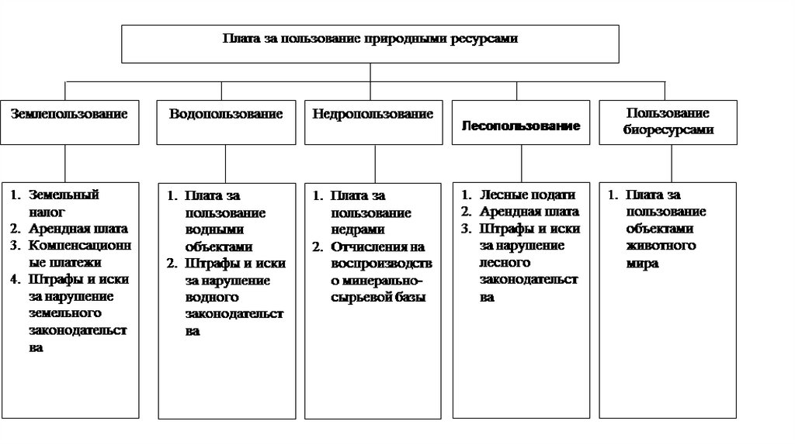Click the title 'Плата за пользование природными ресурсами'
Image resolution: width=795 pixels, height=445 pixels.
(370, 38)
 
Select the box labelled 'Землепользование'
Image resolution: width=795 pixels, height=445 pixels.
(69, 113)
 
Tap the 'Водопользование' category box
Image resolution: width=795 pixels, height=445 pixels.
(226, 114)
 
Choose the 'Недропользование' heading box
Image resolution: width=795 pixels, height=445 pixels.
(373, 114)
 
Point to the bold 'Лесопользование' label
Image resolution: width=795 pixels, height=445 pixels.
(521, 126)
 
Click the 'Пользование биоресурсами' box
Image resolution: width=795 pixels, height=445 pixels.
(668, 122)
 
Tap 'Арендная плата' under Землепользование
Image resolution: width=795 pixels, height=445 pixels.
(78, 229)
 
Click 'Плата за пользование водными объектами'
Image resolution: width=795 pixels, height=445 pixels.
(225, 221)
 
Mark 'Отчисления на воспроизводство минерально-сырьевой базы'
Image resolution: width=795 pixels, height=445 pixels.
(380, 272)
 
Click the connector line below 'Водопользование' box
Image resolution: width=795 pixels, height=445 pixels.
(226, 163)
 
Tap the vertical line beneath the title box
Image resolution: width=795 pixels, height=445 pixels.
(370, 71)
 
